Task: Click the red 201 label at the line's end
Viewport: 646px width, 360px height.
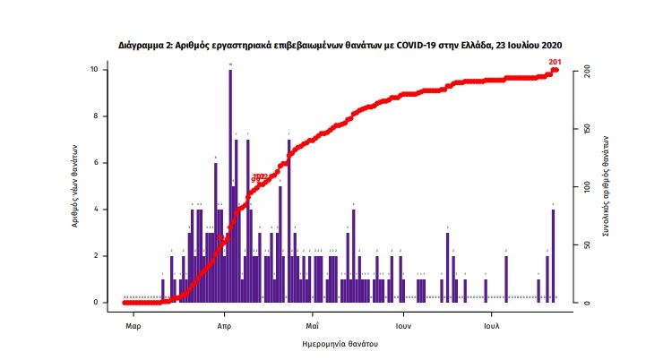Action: [x=555, y=61]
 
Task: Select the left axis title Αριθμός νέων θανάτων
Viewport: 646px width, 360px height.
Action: [x=77, y=185]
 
